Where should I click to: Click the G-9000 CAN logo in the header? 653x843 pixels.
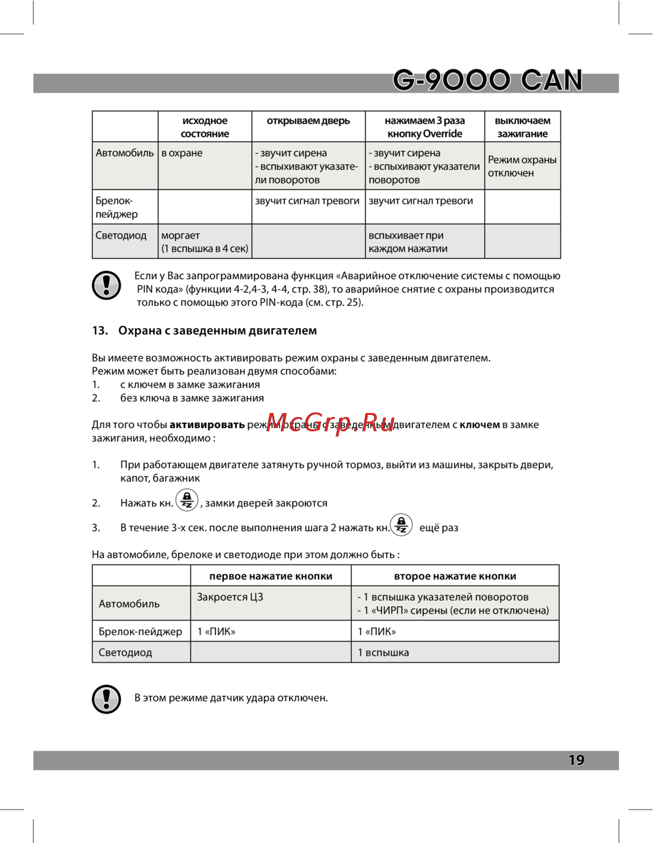[x=487, y=80]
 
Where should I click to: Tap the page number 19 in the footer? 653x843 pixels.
[x=576, y=760]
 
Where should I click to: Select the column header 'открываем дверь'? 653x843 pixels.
[x=308, y=121]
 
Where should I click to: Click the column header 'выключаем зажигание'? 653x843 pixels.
[x=522, y=127]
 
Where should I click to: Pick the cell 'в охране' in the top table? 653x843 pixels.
[x=182, y=153]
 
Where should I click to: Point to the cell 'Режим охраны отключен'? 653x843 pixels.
[x=522, y=166]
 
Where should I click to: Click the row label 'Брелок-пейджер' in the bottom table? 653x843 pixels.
[x=140, y=631]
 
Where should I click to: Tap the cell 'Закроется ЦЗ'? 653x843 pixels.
[x=230, y=597]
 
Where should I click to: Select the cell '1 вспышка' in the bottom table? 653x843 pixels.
[x=383, y=652]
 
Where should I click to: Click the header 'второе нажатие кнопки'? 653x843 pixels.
[x=455, y=576]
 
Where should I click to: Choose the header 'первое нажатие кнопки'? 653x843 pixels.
[x=270, y=576]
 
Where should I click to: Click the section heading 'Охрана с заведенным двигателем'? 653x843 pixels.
[x=217, y=331]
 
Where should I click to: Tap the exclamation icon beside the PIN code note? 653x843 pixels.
[x=106, y=285]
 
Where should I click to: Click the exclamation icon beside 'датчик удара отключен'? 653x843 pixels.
[x=106, y=699]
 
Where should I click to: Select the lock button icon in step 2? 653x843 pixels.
[x=187, y=501]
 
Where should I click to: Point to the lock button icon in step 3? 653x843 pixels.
[x=402, y=525]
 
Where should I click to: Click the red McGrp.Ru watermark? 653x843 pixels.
[x=330, y=422]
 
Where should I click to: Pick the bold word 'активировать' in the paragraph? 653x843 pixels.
[x=207, y=425]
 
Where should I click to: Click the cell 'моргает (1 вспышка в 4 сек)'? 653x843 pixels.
[x=204, y=242]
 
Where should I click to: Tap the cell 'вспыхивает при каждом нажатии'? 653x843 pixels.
[x=408, y=242]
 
